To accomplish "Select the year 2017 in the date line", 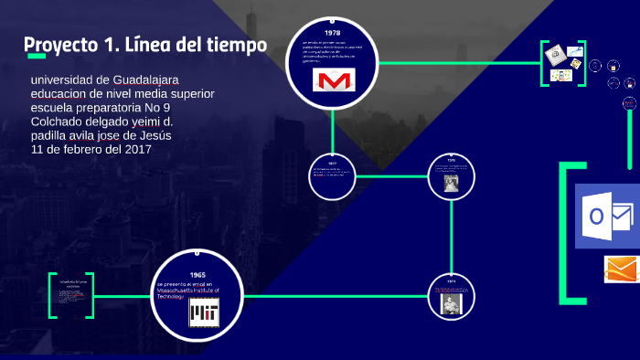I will click(137, 148).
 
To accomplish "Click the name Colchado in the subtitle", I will click(61, 122).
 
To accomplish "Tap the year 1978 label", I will click(332, 33).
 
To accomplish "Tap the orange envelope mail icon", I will click(622, 270).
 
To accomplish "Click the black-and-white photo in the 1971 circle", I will click(451, 303).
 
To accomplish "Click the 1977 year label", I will click(333, 163).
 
